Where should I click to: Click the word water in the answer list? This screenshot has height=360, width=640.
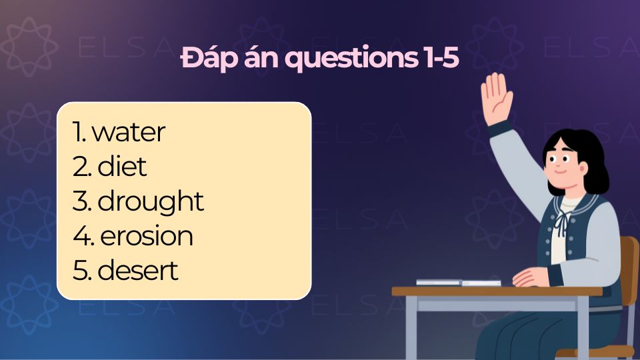point(129,133)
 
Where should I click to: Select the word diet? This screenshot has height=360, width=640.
point(122,167)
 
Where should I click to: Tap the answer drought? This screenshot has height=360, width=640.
point(151,202)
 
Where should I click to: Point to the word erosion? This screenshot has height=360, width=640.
point(146,236)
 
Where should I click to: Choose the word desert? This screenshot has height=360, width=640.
point(138,271)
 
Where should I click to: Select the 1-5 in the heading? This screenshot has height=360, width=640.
point(440,59)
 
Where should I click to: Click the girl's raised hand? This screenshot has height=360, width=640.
point(497,98)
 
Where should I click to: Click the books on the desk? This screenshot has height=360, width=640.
point(459,283)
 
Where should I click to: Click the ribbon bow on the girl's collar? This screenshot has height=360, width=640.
point(564,220)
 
